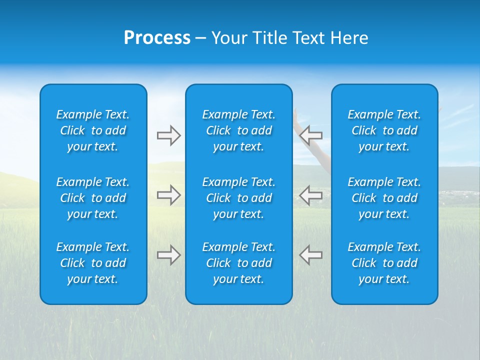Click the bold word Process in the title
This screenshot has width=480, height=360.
tap(157, 38)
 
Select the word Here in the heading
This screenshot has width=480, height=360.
tap(349, 38)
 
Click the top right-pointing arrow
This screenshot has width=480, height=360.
tap(168, 135)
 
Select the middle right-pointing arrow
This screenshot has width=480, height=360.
tap(168, 195)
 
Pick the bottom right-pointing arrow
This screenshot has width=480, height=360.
tap(168, 255)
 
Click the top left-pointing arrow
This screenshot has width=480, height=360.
tap(311, 135)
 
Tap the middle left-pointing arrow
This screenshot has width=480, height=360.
tap(311, 195)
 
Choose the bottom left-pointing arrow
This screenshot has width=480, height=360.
tap(311, 255)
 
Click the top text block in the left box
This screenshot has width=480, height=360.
tap(93, 130)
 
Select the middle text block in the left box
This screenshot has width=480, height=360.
tap(93, 198)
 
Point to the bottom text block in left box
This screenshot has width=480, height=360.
tap(93, 263)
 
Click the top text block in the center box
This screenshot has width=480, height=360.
tap(239, 130)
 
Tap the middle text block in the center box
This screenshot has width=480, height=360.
tap(239, 198)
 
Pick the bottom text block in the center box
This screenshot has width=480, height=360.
tap(239, 263)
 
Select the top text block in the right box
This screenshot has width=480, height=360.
tap(384, 130)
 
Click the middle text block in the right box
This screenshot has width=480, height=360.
tap(384, 198)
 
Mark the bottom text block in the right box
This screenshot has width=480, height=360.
tap(384, 263)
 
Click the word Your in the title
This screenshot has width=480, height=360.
tap(229, 38)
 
